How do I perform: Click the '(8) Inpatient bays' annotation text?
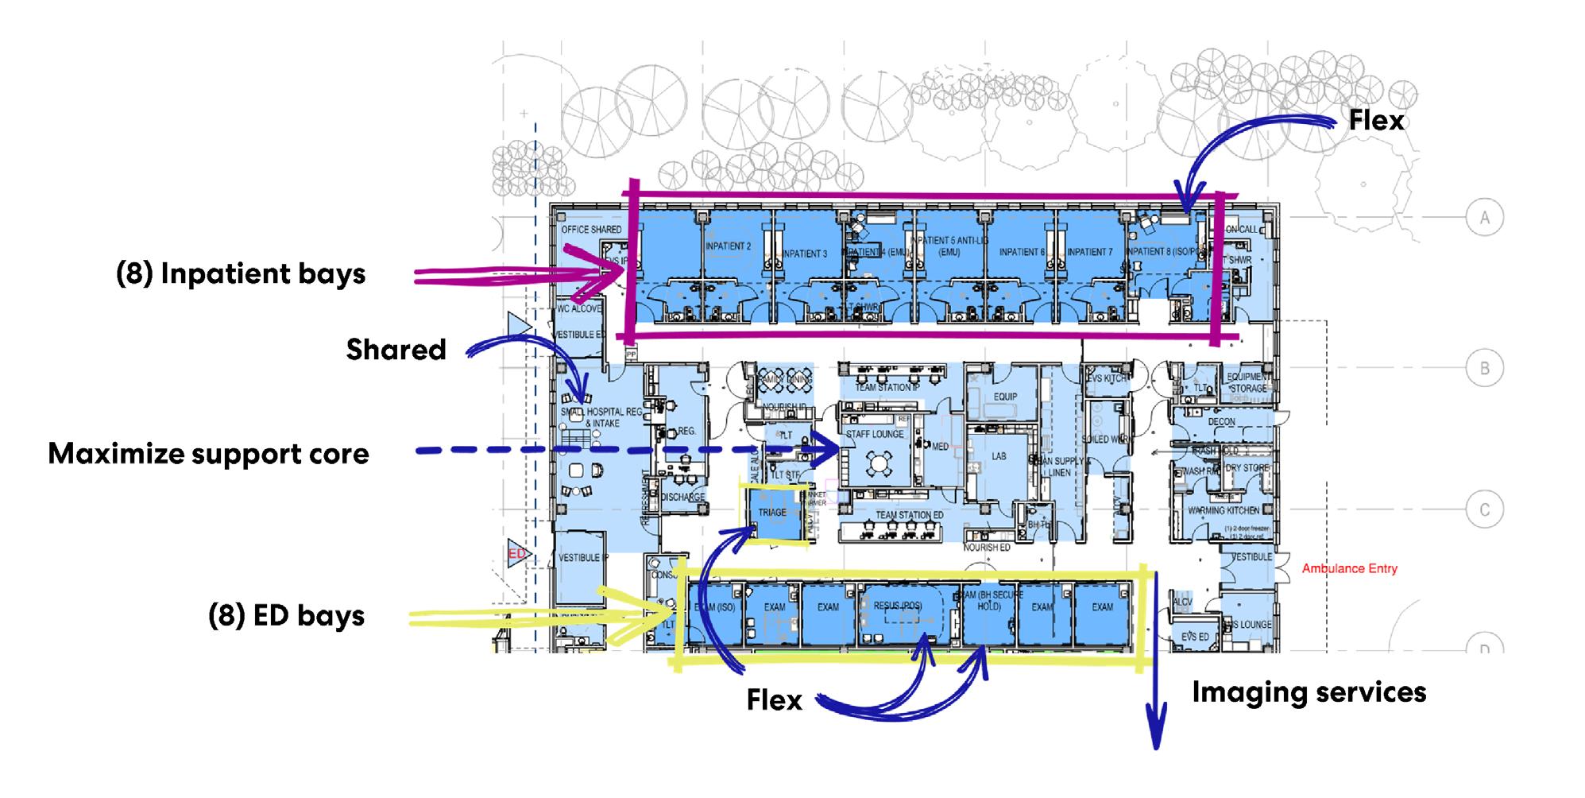(241, 274)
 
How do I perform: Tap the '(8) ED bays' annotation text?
(286, 616)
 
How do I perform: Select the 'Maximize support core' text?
(208, 454)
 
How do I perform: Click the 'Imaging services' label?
(1309, 692)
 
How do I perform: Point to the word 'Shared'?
(396, 350)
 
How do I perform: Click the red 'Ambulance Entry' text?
(1349, 569)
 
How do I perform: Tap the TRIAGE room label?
(771, 513)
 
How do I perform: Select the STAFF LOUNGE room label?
(874, 435)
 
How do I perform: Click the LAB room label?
(999, 456)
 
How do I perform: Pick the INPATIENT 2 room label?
(728, 246)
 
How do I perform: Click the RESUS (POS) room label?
(898, 606)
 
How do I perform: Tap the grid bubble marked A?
(1483, 218)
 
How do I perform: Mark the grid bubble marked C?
(1483, 509)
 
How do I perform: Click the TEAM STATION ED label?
(909, 516)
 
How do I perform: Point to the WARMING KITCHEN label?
(1223, 510)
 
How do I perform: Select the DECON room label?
(1221, 422)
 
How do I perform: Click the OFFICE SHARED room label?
(591, 230)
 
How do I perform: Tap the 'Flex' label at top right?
(1376, 121)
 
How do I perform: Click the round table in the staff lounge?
(878, 463)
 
